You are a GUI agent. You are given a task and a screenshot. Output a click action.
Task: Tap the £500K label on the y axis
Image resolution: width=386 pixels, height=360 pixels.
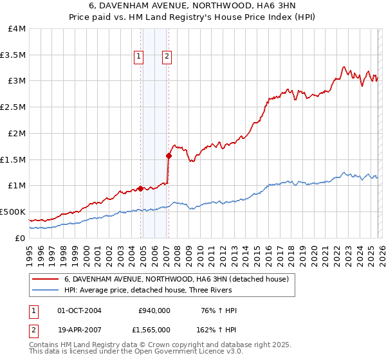13,212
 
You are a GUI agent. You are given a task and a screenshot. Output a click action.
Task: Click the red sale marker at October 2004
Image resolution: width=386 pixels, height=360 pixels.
140,188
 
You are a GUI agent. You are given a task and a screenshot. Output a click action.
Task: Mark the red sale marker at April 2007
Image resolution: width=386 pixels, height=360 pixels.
169,156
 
